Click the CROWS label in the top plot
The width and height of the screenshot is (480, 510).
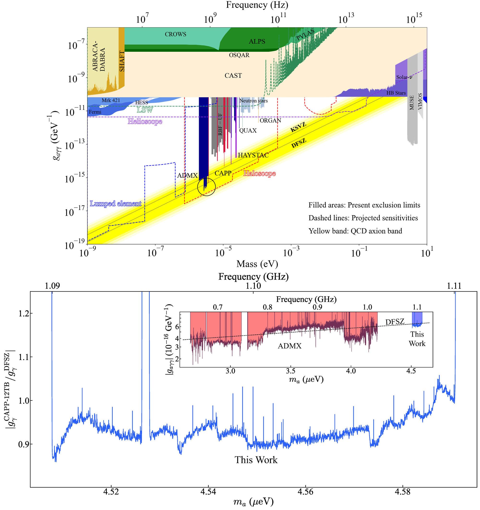175,34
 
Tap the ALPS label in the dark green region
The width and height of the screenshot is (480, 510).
257,41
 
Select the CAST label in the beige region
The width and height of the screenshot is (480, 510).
233,75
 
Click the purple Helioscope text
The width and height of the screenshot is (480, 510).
145,121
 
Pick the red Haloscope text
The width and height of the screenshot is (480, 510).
259,174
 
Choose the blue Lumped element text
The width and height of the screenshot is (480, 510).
115,204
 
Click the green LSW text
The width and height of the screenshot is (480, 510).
145,110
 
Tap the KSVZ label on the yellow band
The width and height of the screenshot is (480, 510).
298,127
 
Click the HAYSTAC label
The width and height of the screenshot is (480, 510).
253,155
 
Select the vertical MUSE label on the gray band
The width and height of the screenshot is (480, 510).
412,103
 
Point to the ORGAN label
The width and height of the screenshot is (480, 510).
270,120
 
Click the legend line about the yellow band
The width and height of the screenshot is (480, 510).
355,231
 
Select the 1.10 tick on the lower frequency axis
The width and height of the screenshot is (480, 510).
253,286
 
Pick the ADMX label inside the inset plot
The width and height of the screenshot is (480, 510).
289,346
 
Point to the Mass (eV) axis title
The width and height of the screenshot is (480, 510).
257,264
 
